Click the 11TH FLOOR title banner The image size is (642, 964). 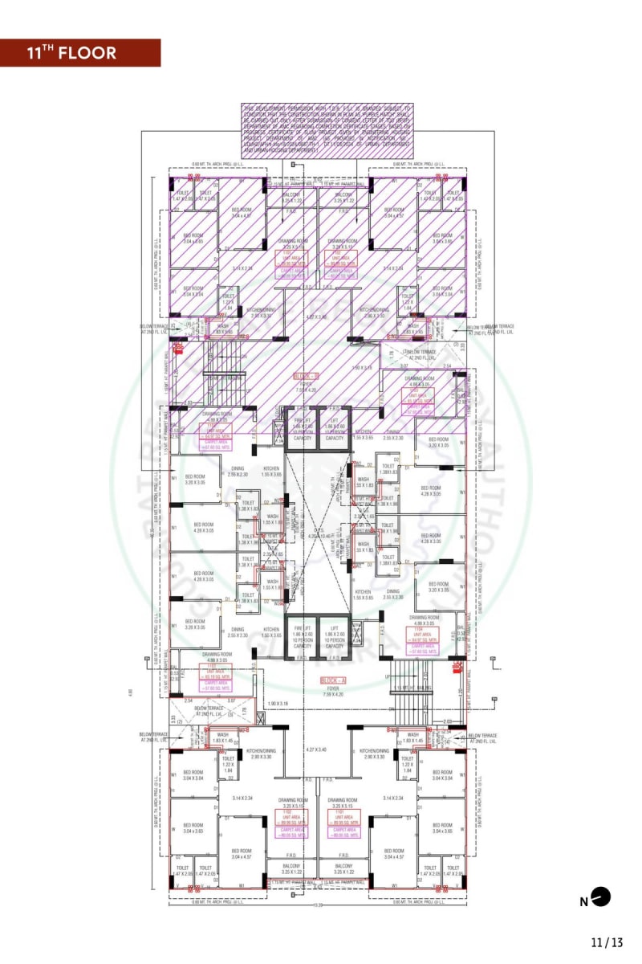[x=80, y=53]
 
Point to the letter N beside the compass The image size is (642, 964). [x=583, y=901]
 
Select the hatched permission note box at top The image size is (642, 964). [x=327, y=129]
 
